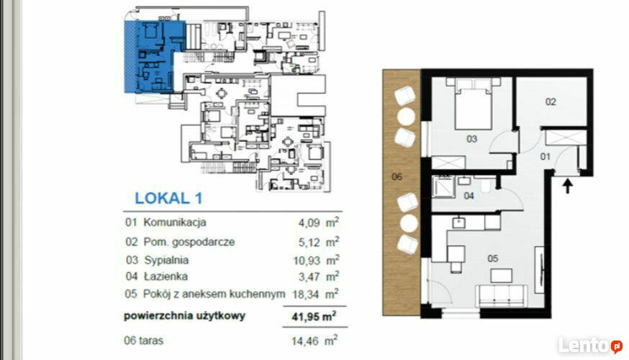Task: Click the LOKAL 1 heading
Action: (168, 198)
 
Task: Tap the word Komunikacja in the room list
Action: (175, 222)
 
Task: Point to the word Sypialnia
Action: (166, 260)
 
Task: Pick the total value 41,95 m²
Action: (314, 316)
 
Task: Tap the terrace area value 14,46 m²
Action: (314, 341)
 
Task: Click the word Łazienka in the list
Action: (166, 276)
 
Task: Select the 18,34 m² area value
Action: (315, 294)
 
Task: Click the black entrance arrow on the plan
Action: (567, 186)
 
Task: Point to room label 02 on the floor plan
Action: (551, 102)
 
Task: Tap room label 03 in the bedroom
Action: (472, 139)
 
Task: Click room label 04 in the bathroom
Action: (469, 195)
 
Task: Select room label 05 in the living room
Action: (492, 258)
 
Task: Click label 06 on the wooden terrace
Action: (397, 176)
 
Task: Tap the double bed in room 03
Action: (474, 104)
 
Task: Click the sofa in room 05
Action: (502, 296)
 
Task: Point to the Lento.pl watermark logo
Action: (590, 346)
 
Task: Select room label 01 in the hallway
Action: (546, 156)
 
